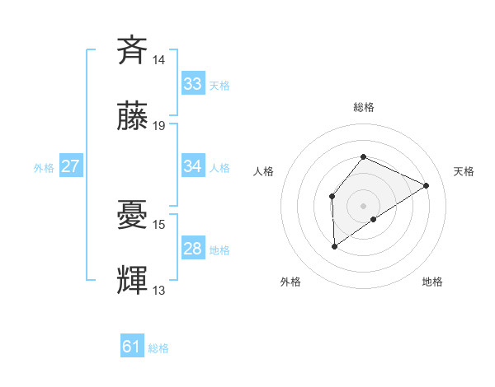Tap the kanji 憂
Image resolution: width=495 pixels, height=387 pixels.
click(x=133, y=214)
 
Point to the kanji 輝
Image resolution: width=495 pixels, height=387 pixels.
click(x=133, y=281)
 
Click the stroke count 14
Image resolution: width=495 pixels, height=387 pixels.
click(x=159, y=59)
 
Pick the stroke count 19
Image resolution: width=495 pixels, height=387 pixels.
click(x=159, y=126)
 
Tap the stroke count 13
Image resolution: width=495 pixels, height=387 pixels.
click(x=159, y=291)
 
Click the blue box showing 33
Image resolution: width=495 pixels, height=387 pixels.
click(x=193, y=84)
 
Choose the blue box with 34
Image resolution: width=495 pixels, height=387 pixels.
click(x=193, y=166)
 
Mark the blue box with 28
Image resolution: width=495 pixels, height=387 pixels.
click(x=193, y=249)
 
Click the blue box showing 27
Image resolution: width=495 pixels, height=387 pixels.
click(x=71, y=166)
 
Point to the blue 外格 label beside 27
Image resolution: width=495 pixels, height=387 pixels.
click(x=44, y=167)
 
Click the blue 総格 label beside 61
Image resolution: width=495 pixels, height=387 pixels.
click(x=158, y=348)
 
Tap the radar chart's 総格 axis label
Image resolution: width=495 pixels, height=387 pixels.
click(x=363, y=107)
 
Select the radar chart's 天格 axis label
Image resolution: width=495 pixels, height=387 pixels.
click(x=464, y=171)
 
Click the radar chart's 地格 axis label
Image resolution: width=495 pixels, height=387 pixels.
click(x=432, y=282)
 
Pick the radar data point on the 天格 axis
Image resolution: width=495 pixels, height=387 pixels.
click(x=426, y=185)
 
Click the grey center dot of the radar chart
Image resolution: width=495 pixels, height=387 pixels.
click(x=363, y=206)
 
